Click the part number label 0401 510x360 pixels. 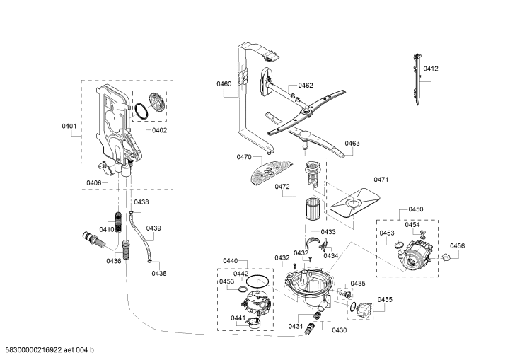(x=69, y=126)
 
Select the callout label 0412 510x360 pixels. (x=431, y=69)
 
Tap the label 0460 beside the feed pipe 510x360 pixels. (x=224, y=84)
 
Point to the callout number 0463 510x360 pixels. (x=352, y=144)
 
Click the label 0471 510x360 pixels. (x=381, y=180)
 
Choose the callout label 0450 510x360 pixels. (x=416, y=209)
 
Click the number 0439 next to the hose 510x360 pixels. (x=153, y=228)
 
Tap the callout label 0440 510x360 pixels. (x=231, y=261)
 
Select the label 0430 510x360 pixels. (x=340, y=330)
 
